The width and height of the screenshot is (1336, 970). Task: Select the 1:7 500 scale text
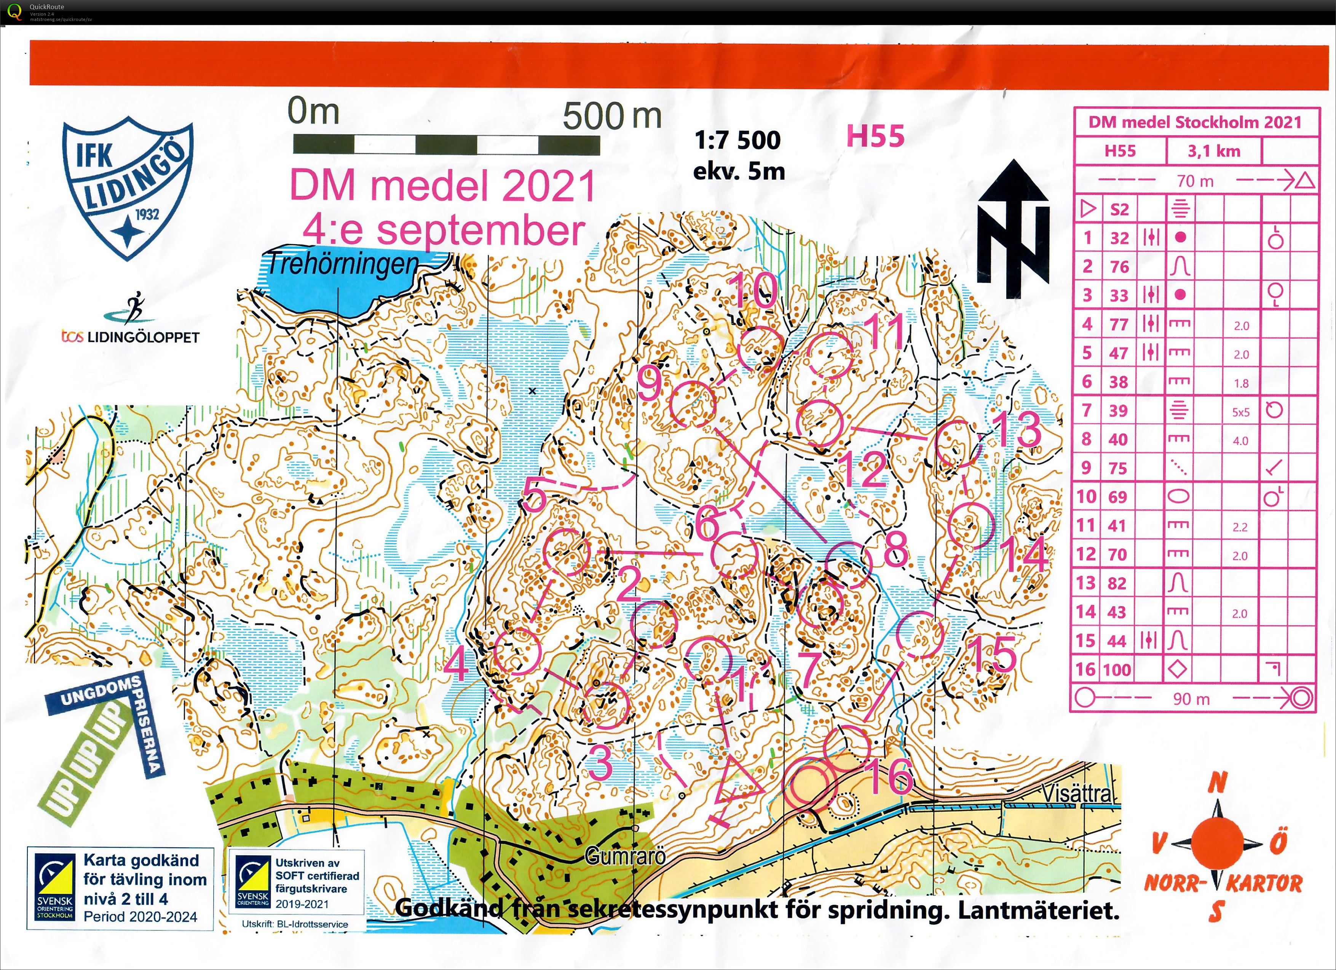tap(737, 140)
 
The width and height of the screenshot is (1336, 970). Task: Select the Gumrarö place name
tap(626, 856)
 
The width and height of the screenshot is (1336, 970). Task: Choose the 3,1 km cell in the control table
tap(1213, 152)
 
